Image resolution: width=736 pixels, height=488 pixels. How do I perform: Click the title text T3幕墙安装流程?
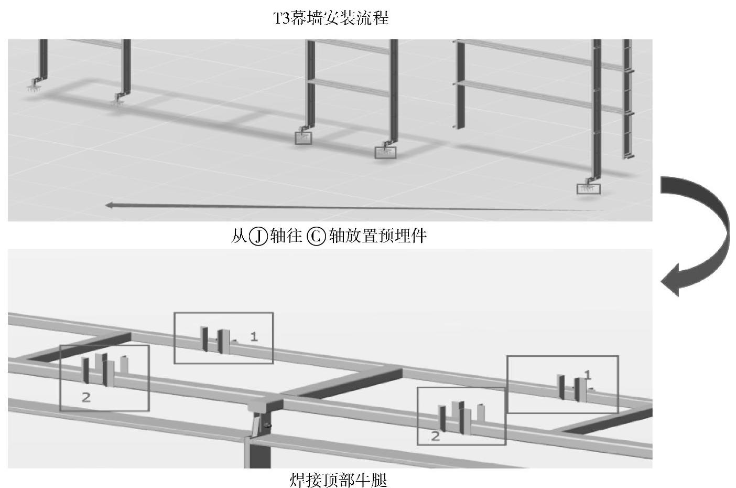coord(331,18)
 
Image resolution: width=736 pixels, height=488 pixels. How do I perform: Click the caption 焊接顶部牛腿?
coord(338,480)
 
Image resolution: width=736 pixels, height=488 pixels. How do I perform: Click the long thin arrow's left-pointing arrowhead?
coord(110,205)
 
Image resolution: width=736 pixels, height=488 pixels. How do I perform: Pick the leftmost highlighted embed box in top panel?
coord(303,138)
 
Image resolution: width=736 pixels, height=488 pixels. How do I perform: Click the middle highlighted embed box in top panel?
coord(385,153)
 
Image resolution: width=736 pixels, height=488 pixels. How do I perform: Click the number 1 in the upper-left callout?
coord(254,336)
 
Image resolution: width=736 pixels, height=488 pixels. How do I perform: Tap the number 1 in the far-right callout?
coord(588,375)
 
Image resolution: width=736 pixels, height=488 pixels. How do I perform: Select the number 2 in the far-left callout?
coord(86,397)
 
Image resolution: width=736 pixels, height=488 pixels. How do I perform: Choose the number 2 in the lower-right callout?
coord(435,436)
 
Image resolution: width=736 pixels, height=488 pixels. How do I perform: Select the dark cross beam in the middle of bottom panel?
coord(343,384)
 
